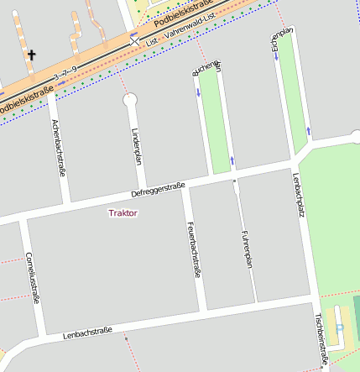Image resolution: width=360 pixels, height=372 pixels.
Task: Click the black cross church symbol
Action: (33, 55)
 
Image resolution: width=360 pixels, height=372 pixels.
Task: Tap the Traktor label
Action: (123, 213)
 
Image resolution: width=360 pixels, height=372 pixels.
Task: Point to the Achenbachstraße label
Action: (59, 148)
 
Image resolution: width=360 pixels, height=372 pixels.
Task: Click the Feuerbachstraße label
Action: (194, 248)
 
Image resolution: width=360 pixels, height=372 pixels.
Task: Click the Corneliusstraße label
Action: (33, 275)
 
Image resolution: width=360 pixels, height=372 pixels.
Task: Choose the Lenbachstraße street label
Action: (87, 333)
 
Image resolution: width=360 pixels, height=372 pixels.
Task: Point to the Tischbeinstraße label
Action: (320, 339)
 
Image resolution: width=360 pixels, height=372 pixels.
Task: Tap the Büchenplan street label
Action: (206, 68)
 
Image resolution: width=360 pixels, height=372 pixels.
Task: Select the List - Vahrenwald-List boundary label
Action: (180, 35)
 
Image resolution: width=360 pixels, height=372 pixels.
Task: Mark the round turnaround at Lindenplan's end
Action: (129, 100)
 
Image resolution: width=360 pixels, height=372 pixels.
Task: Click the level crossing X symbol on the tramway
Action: (134, 39)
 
